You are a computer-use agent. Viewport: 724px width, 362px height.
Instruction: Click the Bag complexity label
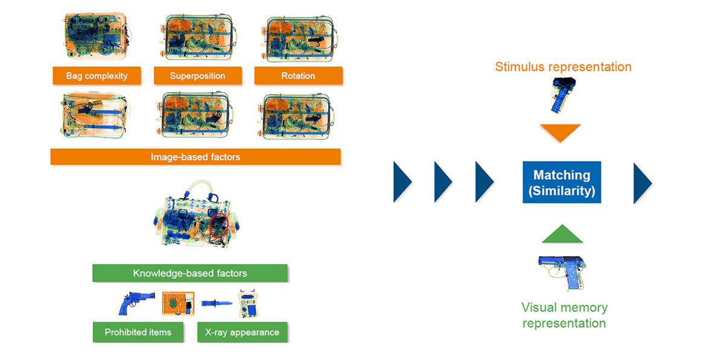[97, 75]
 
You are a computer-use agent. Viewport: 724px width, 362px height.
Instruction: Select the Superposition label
[197, 75]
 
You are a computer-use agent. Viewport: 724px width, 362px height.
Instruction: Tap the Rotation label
[298, 75]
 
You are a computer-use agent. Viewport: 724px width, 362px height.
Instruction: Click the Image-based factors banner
[195, 157]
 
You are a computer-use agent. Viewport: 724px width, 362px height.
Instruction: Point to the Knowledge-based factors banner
[190, 273]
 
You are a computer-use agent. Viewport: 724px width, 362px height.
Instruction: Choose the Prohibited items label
[138, 332]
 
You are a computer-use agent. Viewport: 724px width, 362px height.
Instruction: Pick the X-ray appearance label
[242, 332]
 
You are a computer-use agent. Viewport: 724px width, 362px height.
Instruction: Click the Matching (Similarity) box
[562, 182]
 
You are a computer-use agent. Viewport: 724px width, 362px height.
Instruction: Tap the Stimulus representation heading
[563, 67]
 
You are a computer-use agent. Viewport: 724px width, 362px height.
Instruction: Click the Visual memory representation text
[564, 315]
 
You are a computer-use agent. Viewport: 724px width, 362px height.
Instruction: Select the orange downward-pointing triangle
[560, 133]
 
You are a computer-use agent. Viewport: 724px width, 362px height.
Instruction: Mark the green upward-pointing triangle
[562, 234]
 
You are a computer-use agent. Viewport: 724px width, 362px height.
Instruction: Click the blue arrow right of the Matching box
[643, 183]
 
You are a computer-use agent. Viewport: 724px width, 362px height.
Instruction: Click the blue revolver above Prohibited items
[136, 303]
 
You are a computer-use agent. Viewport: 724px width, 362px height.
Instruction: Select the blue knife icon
[217, 303]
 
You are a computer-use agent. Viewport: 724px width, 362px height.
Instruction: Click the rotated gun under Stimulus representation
[562, 95]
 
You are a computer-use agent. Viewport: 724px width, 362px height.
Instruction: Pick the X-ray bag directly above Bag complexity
[97, 36]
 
